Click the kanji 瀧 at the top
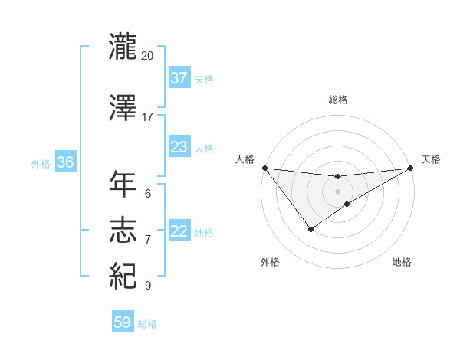tap(123, 46)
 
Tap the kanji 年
tap(123, 185)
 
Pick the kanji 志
tap(123, 231)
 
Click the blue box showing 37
tap(179, 78)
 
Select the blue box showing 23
tap(179, 148)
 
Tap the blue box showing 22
tap(179, 232)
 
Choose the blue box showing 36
tap(65, 163)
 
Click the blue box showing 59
tap(123, 323)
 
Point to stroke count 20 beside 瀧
tap(148, 56)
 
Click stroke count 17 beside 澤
tap(148, 117)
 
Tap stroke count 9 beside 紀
tap(148, 286)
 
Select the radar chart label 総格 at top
tap(337, 100)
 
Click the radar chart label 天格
tap(431, 159)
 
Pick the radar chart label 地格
tap(402, 262)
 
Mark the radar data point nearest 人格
tap(264, 168)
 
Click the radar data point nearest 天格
tap(410, 168)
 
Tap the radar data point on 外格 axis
tap(310, 229)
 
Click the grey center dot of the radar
tap(337, 191)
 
